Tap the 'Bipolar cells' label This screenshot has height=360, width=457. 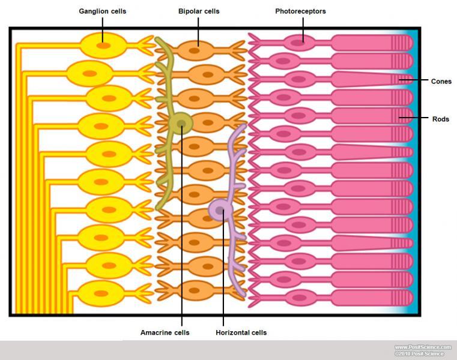pyautogui.click(x=199, y=11)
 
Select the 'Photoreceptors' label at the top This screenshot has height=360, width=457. pyautogui.click(x=300, y=11)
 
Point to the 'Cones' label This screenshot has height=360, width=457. pyautogui.click(x=441, y=81)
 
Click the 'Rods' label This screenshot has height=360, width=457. pyautogui.click(x=441, y=119)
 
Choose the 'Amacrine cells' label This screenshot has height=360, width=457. pyautogui.click(x=165, y=332)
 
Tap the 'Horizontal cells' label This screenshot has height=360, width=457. pyautogui.click(x=241, y=332)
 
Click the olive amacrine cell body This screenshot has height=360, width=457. pyautogui.click(x=181, y=124)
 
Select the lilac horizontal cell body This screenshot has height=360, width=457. pyautogui.click(x=220, y=210)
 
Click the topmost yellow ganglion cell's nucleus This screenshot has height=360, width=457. pyautogui.click(x=103, y=45)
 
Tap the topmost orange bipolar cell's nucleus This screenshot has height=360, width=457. pyautogui.click(x=195, y=51)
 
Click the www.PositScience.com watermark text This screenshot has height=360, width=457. pyautogui.click(x=423, y=347)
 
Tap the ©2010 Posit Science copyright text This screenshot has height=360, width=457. pyautogui.click(x=419, y=354)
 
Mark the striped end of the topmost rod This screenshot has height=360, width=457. pyautogui.click(x=403, y=43)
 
